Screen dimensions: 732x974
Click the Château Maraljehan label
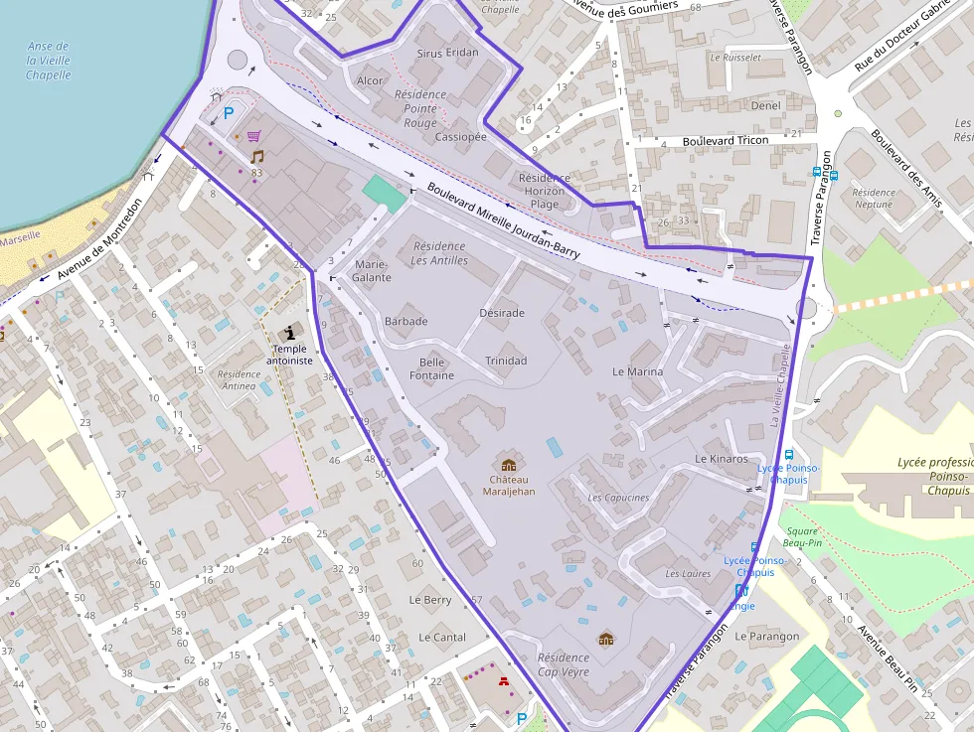coord(508,485)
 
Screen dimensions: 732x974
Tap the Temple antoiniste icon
coord(289,332)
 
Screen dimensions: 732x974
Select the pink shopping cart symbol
coord(254,136)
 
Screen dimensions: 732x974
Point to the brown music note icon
coord(257,157)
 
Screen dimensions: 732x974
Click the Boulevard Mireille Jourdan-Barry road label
coord(503,220)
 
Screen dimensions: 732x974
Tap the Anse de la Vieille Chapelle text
coord(48,61)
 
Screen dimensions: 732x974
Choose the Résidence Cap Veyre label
coord(563,664)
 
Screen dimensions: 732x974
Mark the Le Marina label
coord(637,371)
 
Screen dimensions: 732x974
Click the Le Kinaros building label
coord(722,459)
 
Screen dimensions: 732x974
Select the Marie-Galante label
coord(372,271)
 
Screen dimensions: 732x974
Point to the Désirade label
coord(501,313)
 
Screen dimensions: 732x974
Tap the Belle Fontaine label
coord(431,369)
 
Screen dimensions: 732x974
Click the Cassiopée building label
coord(461,137)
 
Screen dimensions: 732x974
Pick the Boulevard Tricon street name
coord(726,141)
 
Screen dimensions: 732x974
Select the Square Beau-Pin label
coord(801,537)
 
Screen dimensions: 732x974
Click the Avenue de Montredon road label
coord(99,239)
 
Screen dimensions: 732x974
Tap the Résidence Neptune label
coord(874,199)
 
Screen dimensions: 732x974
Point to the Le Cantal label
coord(442,637)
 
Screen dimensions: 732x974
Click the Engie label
coord(742,606)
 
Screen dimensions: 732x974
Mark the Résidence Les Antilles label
coord(438,253)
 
